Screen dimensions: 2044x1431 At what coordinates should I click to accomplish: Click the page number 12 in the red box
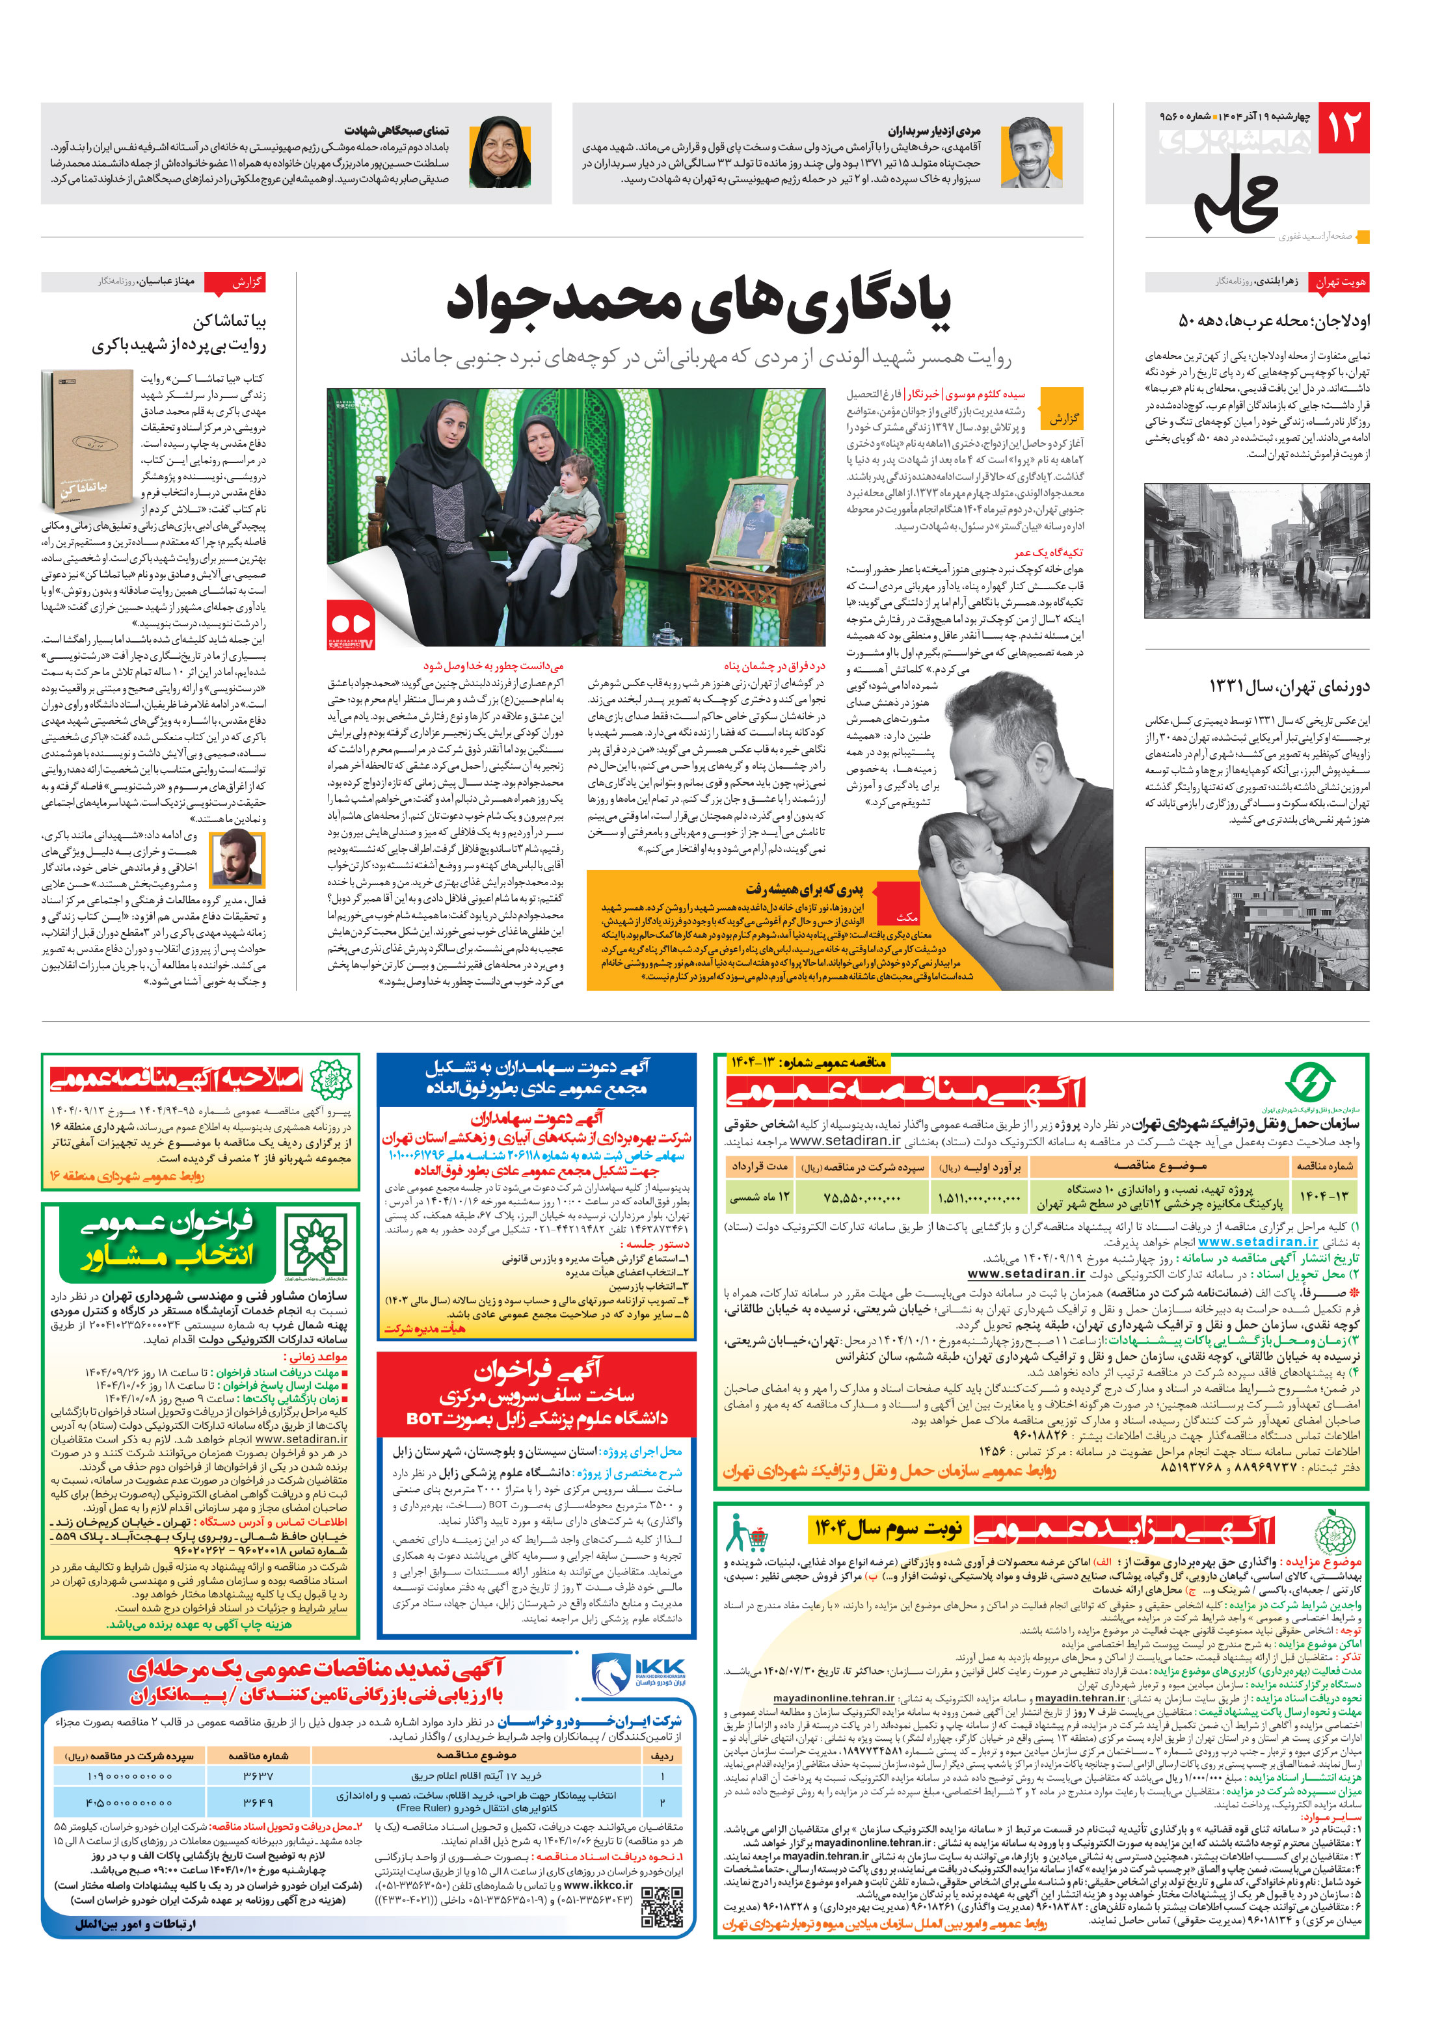(1343, 127)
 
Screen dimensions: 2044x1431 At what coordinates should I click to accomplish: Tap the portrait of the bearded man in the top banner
(1031, 153)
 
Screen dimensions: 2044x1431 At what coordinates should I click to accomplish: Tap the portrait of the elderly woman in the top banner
(500, 153)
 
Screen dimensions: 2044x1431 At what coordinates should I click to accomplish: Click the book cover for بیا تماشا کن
(87, 442)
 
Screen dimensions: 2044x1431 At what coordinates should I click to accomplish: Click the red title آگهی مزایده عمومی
(1124, 1528)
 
